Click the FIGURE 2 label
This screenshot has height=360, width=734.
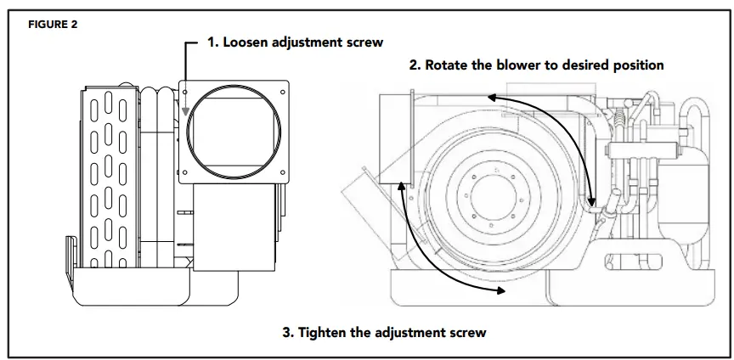54,24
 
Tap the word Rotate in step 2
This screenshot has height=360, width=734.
449,65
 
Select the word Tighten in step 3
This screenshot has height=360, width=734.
327,332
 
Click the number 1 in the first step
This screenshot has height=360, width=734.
212,42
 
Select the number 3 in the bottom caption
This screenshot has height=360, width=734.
286,332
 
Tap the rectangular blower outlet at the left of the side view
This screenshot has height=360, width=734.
392,140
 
